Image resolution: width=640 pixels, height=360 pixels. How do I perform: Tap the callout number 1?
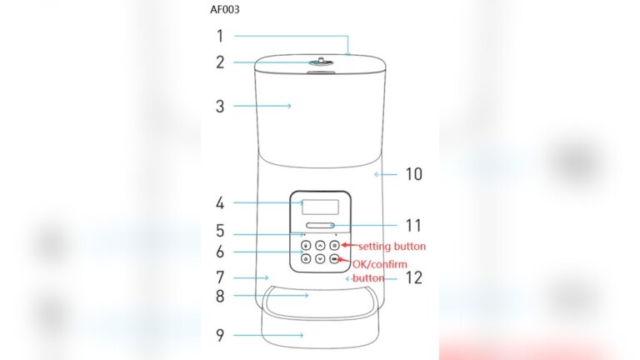tap(220, 36)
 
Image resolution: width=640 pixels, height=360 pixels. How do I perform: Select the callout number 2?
tap(220, 62)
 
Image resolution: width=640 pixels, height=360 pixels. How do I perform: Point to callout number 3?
tap(220, 107)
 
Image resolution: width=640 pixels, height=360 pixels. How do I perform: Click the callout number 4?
tap(220, 202)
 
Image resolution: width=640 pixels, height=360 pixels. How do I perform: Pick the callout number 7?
tap(220, 277)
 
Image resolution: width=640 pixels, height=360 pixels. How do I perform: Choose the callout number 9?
tap(220, 336)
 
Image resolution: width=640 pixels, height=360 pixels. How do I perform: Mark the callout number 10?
tap(414, 174)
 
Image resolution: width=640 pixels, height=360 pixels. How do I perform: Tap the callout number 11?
tap(413, 225)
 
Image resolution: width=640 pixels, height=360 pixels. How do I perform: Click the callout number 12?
tap(412, 277)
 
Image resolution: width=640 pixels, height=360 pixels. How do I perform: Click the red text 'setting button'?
tap(392, 246)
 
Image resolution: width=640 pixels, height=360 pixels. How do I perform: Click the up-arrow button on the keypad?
tap(320, 246)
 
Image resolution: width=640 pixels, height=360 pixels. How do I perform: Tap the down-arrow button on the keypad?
tap(320, 259)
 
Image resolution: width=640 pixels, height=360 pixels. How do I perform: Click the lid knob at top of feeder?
tap(320, 62)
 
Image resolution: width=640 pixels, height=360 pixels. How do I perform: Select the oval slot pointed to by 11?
tap(320, 225)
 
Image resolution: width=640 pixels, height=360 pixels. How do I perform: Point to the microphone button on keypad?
tap(306, 246)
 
